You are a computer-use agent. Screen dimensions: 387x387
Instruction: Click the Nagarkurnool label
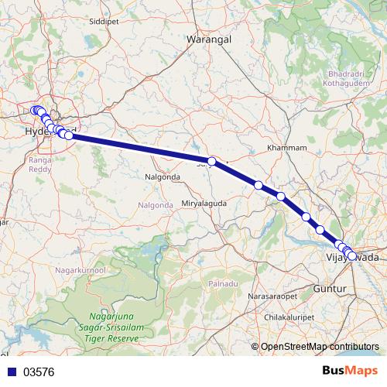[78, 269]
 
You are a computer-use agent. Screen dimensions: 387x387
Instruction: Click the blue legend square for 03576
[11, 372]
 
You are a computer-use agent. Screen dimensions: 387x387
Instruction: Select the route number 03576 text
[40, 372]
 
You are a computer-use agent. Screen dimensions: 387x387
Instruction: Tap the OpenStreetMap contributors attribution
[319, 348]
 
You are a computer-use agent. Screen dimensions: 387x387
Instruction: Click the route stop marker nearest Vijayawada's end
[352, 256]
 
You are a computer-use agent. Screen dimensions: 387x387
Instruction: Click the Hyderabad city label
[51, 132]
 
